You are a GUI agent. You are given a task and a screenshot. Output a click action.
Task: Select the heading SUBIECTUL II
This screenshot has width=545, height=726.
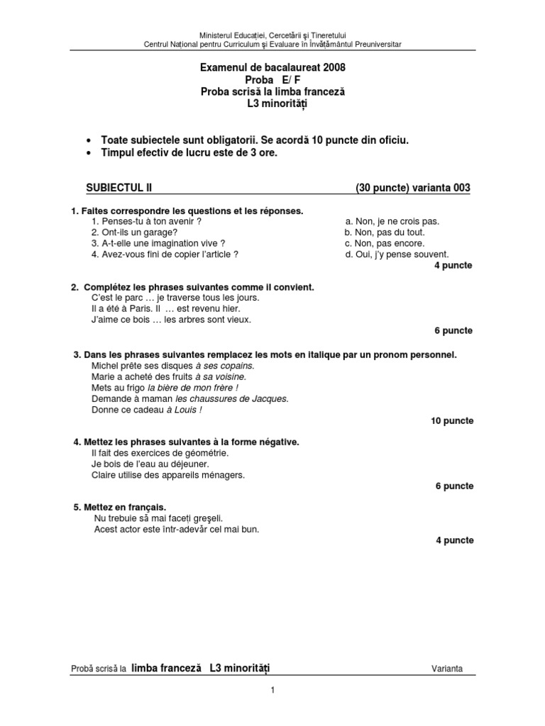point(119,188)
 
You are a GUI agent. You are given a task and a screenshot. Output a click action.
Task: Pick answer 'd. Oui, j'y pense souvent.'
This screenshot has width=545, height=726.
point(397,254)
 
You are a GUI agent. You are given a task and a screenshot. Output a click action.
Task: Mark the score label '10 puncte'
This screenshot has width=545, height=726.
point(451,420)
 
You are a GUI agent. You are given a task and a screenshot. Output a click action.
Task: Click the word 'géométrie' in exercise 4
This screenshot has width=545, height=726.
point(202,453)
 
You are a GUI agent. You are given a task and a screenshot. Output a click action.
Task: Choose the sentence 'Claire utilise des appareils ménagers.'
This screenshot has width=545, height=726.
point(168,475)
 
